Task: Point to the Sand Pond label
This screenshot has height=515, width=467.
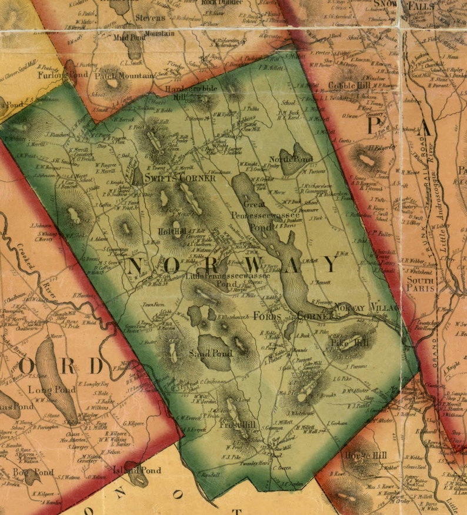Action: (x=211, y=353)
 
